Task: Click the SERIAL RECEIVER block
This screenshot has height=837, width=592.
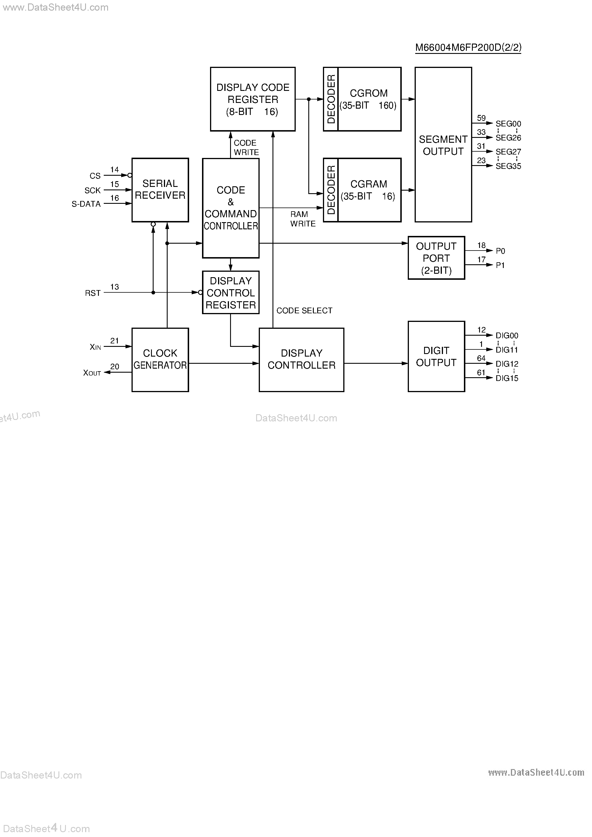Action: (x=160, y=189)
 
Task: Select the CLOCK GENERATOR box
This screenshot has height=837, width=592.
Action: (x=160, y=359)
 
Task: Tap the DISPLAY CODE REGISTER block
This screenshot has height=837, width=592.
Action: (x=253, y=99)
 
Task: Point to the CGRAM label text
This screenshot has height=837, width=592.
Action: (x=368, y=184)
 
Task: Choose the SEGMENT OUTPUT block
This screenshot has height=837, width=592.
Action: (x=443, y=145)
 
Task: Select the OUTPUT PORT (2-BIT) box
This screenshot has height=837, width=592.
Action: (x=436, y=258)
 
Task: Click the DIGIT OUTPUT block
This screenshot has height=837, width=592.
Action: (x=436, y=356)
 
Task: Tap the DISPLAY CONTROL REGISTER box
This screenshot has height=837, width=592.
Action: (x=230, y=292)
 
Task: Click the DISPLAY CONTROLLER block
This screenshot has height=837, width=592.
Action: (x=301, y=359)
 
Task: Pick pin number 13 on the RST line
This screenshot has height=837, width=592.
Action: (x=114, y=287)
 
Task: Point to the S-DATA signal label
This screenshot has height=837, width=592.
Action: (x=86, y=204)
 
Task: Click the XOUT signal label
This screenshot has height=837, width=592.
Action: (x=92, y=373)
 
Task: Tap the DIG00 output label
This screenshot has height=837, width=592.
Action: (x=507, y=335)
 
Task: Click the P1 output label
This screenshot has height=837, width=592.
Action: (x=500, y=265)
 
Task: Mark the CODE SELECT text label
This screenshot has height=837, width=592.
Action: (x=304, y=311)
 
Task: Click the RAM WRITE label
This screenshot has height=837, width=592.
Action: (x=302, y=219)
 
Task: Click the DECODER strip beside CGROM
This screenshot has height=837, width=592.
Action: (x=331, y=99)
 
